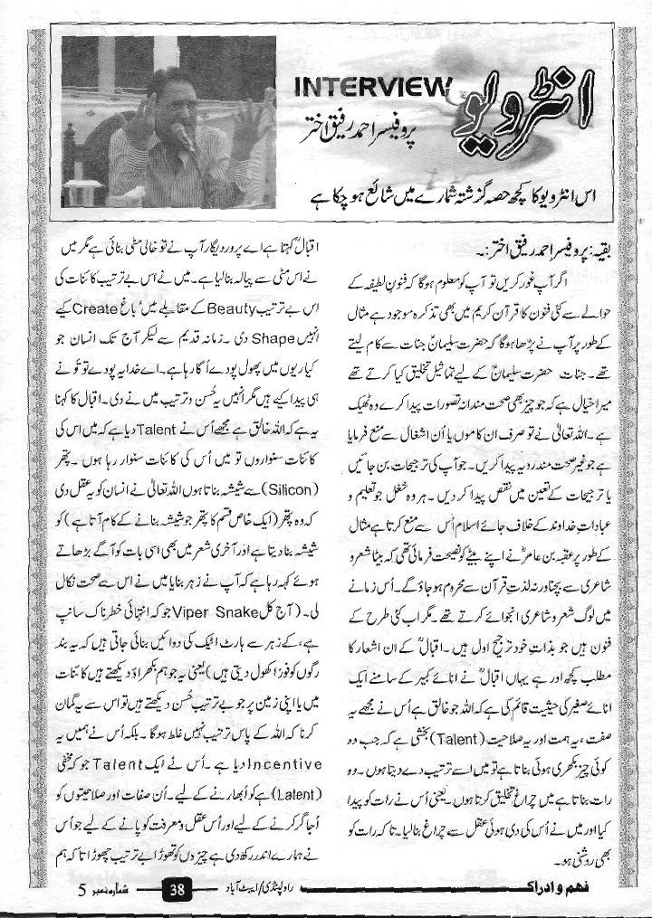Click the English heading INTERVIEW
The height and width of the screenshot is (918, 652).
click(x=372, y=88)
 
